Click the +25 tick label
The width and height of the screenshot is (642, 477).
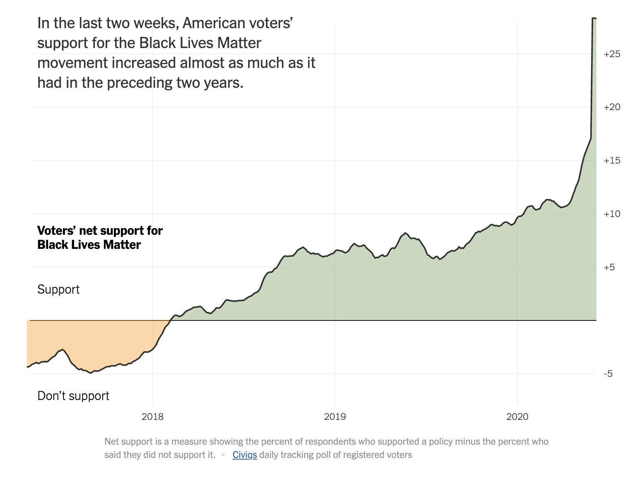(x=612, y=54)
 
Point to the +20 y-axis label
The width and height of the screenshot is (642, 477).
(x=612, y=107)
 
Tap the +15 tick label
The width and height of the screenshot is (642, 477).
(x=612, y=161)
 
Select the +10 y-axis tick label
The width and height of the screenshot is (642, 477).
(x=612, y=214)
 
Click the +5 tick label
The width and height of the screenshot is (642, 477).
(x=609, y=267)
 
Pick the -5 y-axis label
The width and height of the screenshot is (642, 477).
(x=608, y=374)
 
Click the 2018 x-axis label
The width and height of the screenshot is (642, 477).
(x=152, y=417)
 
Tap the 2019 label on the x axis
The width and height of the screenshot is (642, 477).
(x=335, y=417)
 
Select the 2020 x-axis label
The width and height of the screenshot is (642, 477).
(x=517, y=417)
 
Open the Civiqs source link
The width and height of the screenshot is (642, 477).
(x=244, y=455)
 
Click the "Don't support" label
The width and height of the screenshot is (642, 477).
(x=73, y=396)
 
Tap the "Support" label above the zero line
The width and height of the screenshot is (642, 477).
(x=58, y=289)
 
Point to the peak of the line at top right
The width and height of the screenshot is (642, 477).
(x=594, y=18)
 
